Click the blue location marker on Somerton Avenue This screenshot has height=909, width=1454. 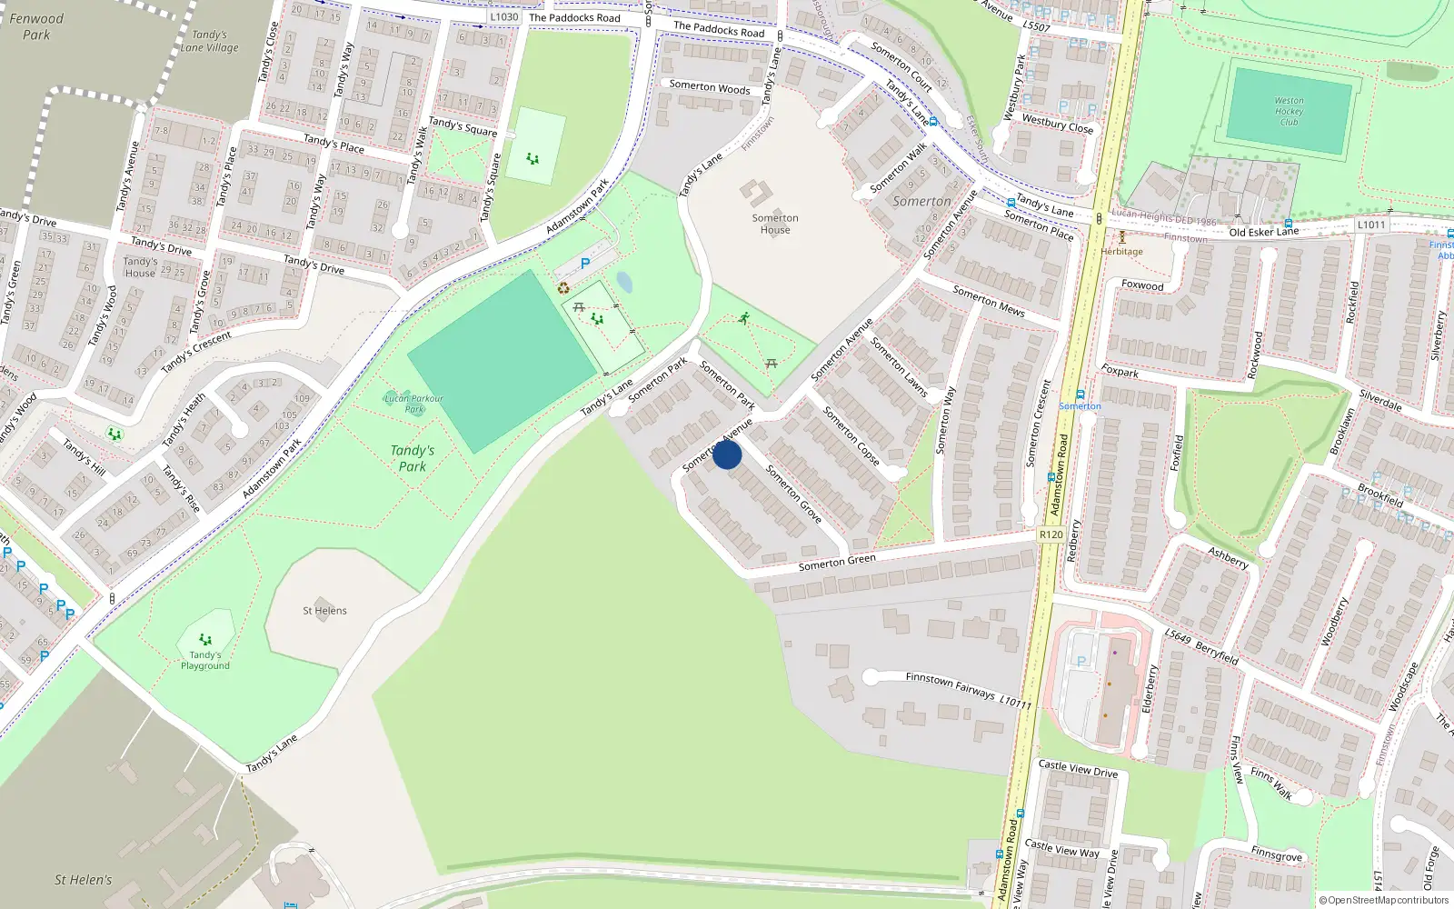pyautogui.click(x=727, y=454)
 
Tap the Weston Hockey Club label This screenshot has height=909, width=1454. pyautogui.click(x=1289, y=112)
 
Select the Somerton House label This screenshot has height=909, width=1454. pyautogui.click(x=775, y=224)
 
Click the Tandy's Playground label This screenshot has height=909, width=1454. pyautogui.click(x=205, y=660)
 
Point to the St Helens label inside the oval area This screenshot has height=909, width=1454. pyautogui.click(x=324, y=611)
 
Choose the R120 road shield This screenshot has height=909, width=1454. pyautogui.click(x=1051, y=534)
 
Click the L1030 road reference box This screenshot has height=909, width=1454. pyautogui.click(x=503, y=16)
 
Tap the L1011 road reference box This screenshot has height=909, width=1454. pyautogui.click(x=1371, y=225)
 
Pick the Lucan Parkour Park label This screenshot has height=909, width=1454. pyautogui.click(x=413, y=404)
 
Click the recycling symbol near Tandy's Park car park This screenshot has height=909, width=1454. pyautogui.click(x=563, y=287)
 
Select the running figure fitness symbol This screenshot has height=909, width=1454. pyautogui.click(x=744, y=318)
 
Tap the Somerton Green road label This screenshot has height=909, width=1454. pyautogui.click(x=837, y=563)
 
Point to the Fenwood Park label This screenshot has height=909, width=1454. pyautogui.click(x=36, y=26)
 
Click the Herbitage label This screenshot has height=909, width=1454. pyautogui.click(x=1122, y=252)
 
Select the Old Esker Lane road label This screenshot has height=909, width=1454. pyautogui.click(x=1264, y=232)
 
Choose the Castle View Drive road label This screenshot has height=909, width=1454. pyautogui.click(x=1078, y=769)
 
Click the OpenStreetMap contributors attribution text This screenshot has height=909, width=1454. pyautogui.click(x=1384, y=901)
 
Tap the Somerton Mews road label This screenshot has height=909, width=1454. pyautogui.click(x=989, y=300)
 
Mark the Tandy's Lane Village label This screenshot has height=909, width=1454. pyautogui.click(x=210, y=41)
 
